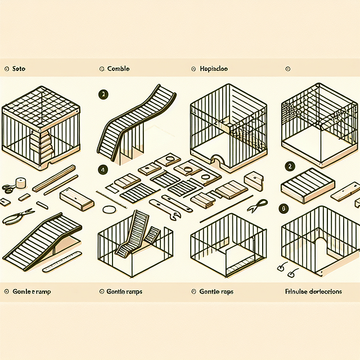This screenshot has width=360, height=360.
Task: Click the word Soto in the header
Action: click(19, 69)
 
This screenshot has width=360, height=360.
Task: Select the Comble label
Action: click(118, 69)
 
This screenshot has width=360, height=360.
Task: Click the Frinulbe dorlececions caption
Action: click(314, 292)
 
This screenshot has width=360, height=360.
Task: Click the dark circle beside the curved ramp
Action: click(102, 94)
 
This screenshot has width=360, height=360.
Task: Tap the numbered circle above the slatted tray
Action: click(289, 166)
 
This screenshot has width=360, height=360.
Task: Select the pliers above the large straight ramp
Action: click(17, 216)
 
